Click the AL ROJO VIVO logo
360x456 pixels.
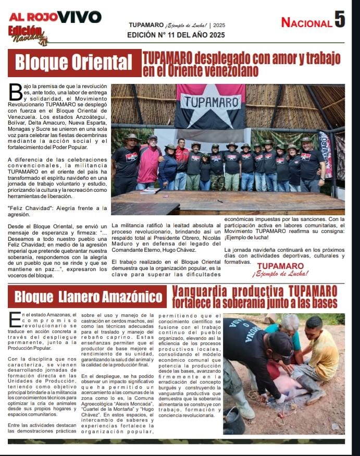55,17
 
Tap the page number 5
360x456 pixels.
340,20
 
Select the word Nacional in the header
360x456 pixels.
306,22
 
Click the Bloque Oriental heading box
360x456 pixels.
74,63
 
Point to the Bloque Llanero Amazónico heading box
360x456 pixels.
87,297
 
